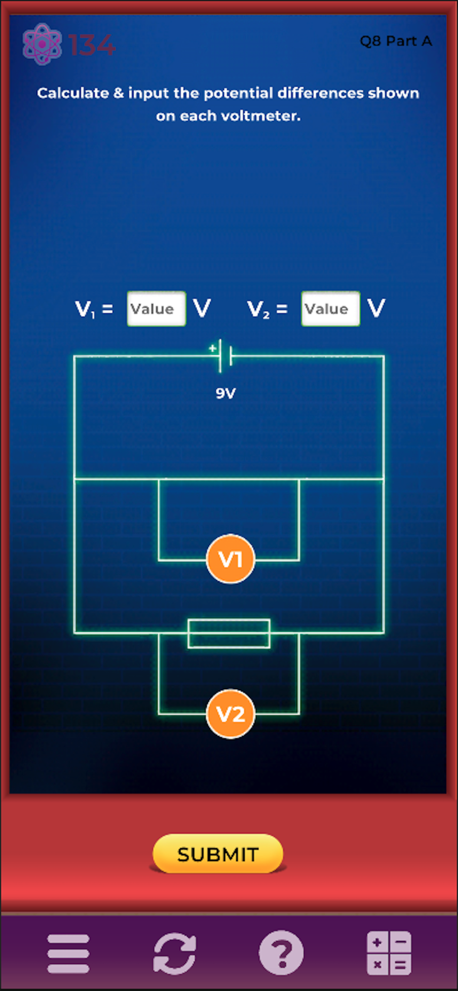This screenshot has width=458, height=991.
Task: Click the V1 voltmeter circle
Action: pyautogui.click(x=230, y=559)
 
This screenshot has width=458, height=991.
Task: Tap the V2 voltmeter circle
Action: pyautogui.click(x=230, y=714)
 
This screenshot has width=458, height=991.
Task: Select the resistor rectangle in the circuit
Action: pyautogui.click(x=229, y=633)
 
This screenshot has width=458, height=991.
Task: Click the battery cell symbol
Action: pyautogui.click(x=225, y=356)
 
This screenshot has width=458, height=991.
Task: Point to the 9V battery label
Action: pyautogui.click(x=226, y=393)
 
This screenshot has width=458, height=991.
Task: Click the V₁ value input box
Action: pyautogui.click(x=156, y=309)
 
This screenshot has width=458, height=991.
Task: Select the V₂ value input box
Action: pyautogui.click(x=330, y=309)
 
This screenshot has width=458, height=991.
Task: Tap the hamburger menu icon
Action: pyautogui.click(x=68, y=953)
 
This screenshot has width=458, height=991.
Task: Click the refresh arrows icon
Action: pyautogui.click(x=174, y=953)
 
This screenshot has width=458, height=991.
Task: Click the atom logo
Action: pyautogui.click(x=42, y=44)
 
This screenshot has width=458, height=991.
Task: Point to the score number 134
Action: pyautogui.click(x=92, y=45)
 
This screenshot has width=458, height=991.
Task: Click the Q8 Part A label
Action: pyautogui.click(x=396, y=41)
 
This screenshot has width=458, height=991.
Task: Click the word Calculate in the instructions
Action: pyautogui.click(x=73, y=93)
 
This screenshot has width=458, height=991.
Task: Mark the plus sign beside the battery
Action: pyautogui.click(x=213, y=348)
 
